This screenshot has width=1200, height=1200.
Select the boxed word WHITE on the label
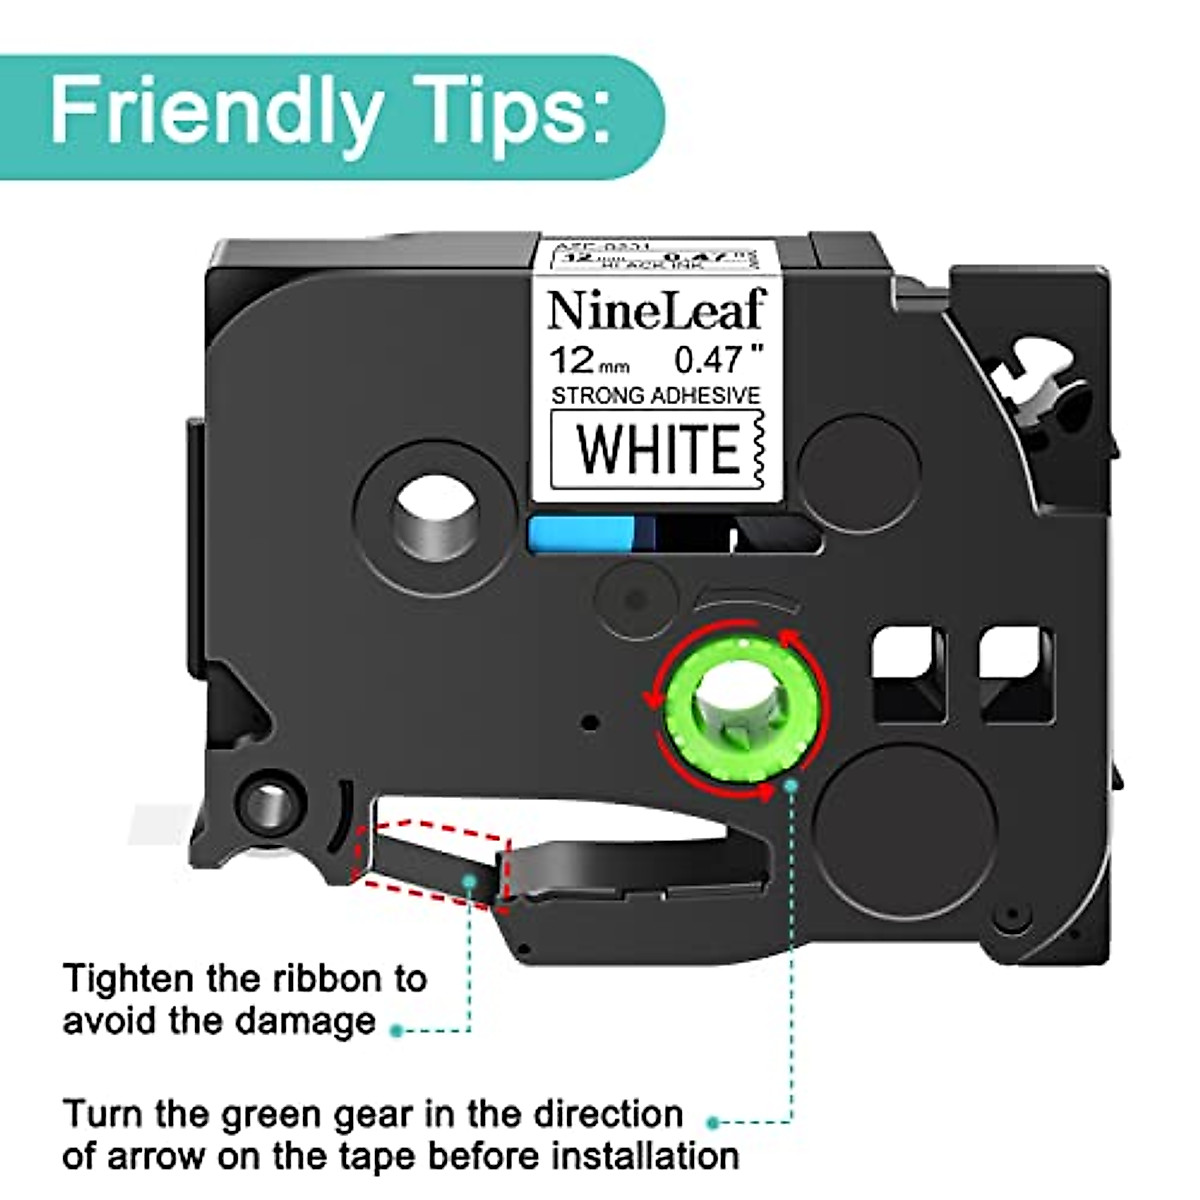click(657, 449)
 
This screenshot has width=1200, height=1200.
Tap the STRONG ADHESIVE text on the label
click(656, 396)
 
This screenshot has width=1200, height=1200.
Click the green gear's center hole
click(737, 700)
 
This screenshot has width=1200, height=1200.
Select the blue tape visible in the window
click(581, 533)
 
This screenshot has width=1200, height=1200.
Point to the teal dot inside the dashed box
click(471, 879)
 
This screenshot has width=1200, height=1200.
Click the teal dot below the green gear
click(793, 788)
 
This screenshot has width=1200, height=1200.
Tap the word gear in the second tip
click(411, 1113)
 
